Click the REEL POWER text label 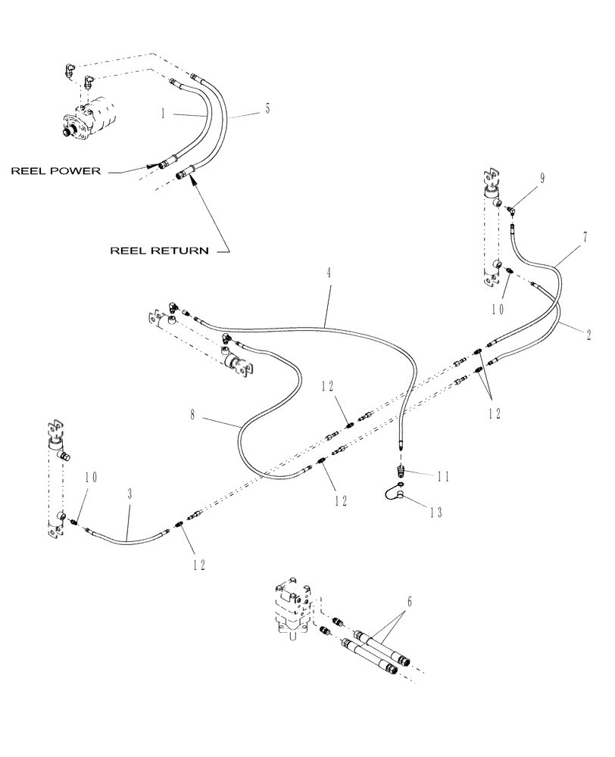pyautogui.click(x=55, y=171)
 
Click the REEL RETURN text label pyautogui.click(x=159, y=250)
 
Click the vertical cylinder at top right pyautogui.click(x=489, y=227)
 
